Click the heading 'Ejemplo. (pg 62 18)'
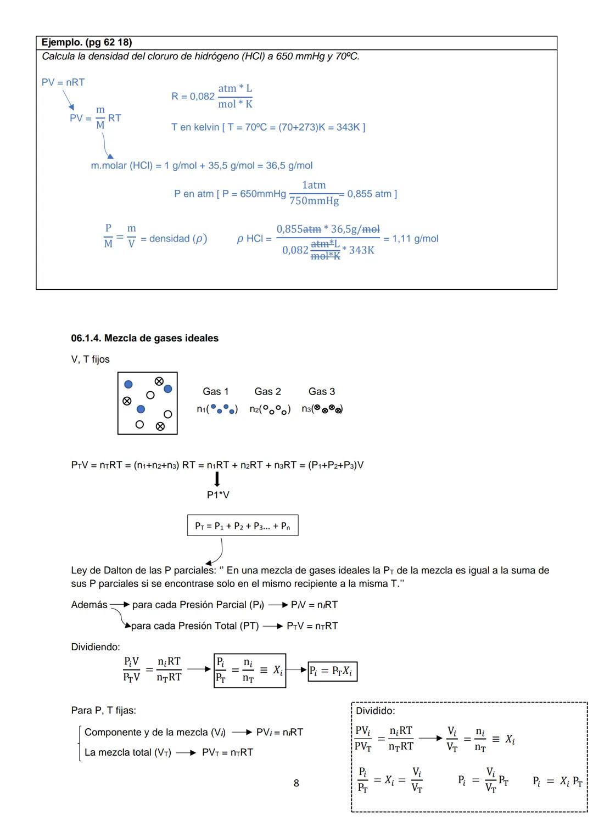point(87,42)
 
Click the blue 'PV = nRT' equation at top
point(63,82)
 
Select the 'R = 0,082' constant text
point(193,97)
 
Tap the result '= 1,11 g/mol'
point(411,239)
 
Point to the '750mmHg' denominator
point(314,201)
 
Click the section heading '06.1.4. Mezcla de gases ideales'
point(144,338)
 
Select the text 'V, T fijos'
point(90,359)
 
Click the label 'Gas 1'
point(215,391)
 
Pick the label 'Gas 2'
point(267,391)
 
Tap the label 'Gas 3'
point(321,391)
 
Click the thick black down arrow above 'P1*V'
point(217,479)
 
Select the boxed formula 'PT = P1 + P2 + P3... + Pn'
point(243,526)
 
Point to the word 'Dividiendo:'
point(96,647)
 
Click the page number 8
point(296,783)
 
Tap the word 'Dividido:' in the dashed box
point(375,711)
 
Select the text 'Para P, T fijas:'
point(103,710)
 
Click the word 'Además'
point(89,605)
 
